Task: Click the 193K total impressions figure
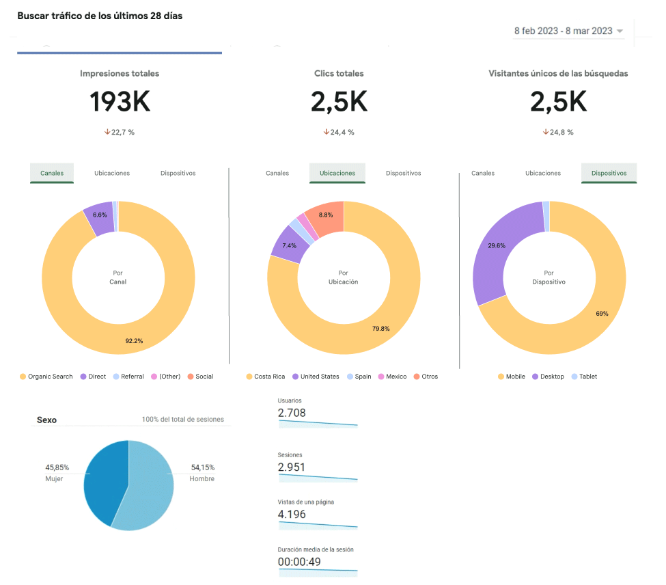[x=120, y=102]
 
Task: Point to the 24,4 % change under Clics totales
[x=339, y=133]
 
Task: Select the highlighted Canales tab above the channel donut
[x=52, y=174]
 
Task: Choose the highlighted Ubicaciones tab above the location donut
[x=337, y=174]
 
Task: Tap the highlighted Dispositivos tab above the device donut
[x=609, y=174]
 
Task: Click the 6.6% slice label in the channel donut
[x=100, y=215]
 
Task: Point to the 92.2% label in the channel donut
[x=134, y=340]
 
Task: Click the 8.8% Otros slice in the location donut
[x=326, y=215]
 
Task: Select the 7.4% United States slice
[x=289, y=245]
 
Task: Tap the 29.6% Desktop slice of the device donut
[x=497, y=245]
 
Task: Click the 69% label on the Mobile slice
[x=602, y=314]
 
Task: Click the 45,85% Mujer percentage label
[x=57, y=467]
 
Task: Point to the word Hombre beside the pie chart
[x=202, y=479]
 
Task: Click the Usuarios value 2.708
[x=292, y=413]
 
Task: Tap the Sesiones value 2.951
[x=292, y=467]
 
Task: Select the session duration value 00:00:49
[x=299, y=562]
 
